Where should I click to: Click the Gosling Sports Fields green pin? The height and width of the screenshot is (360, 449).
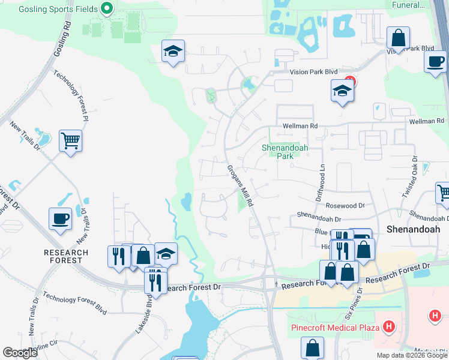tap(107, 8)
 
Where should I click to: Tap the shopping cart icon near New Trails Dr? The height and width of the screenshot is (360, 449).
tap(70, 142)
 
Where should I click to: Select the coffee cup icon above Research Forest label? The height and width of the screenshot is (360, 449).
tap(60, 219)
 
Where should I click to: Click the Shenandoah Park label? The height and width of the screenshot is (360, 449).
tap(280, 152)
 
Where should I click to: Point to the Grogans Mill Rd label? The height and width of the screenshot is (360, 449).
tap(241, 185)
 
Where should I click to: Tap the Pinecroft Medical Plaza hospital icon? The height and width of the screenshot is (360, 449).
tap(389, 327)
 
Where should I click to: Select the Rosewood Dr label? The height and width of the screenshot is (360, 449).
tap(345, 205)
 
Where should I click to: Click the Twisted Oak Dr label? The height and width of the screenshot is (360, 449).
tap(411, 178)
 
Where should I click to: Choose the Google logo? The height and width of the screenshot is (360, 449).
tap(20, 353)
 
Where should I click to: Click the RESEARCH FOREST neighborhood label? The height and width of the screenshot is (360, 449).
tap(66, 256)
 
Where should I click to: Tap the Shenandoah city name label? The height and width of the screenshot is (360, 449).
tap(413, 229)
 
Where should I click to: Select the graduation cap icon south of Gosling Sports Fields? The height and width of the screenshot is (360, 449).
tap(173, 52)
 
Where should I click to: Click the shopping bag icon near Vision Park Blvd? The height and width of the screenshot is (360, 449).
tap(398, 38)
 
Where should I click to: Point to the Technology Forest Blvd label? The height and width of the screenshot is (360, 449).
tap(74, 306)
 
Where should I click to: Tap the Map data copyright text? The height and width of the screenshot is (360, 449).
tap(412, 355)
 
